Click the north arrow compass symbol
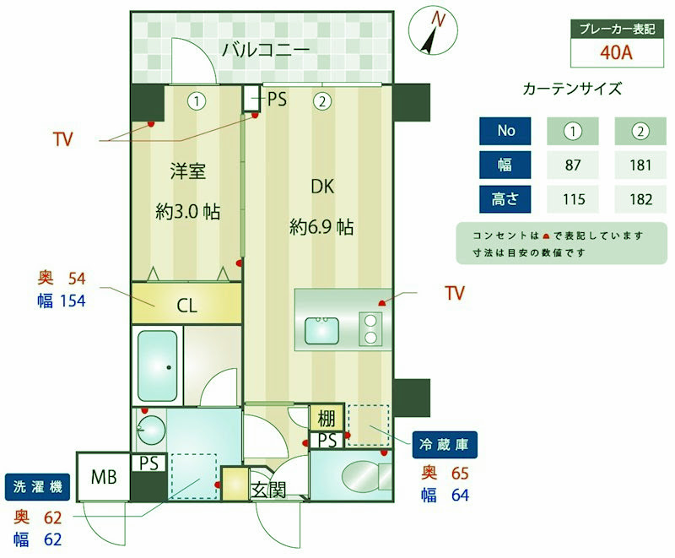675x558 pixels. click(x=433, y=31)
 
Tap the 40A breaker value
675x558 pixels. click(x=617, y=52)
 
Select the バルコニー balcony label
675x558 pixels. click(x=266, y=50)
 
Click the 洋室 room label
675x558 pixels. click(x=187, y=171)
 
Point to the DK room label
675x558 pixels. click(x=322, y=187)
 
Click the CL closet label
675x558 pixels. click(x=186, y=306)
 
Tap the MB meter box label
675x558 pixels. click(x=104, y=477)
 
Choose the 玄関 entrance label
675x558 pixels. click(x=269, y=490)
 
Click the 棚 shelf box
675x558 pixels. click(x=327, y=418)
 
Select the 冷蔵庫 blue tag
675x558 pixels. click(x=445, y=444)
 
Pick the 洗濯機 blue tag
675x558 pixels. click(x=37, y=487)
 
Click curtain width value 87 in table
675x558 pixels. click(x=573, y=165)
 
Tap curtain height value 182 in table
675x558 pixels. click(x=640, y=199)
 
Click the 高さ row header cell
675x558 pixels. click(x=505, y=199)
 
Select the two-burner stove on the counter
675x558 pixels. click(x=370, y=328)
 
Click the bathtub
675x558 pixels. click(x=158, y=366)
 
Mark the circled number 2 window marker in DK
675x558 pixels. click(x=322, y=101)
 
